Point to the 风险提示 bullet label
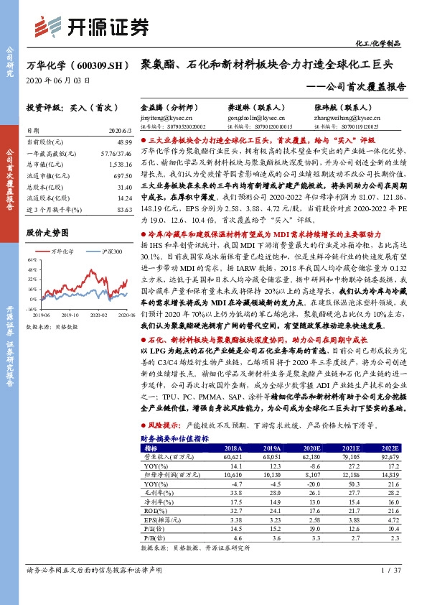[x=162, y=425]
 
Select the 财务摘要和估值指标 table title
[x=174, y=438]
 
